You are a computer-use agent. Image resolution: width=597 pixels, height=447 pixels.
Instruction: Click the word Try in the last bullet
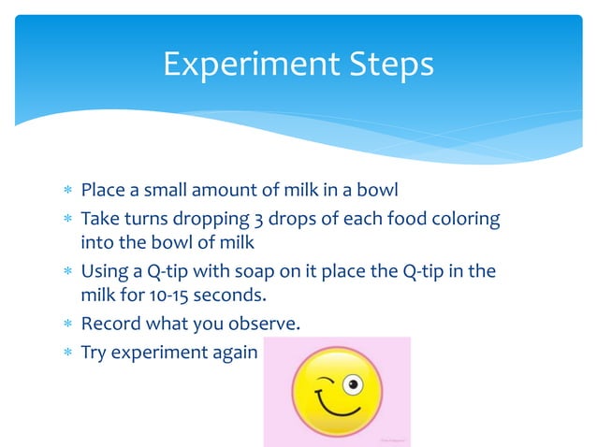[94, 353]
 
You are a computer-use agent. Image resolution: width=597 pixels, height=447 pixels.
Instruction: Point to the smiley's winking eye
[324, 381]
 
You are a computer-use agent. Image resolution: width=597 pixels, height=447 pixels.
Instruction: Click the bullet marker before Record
[66, 325]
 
